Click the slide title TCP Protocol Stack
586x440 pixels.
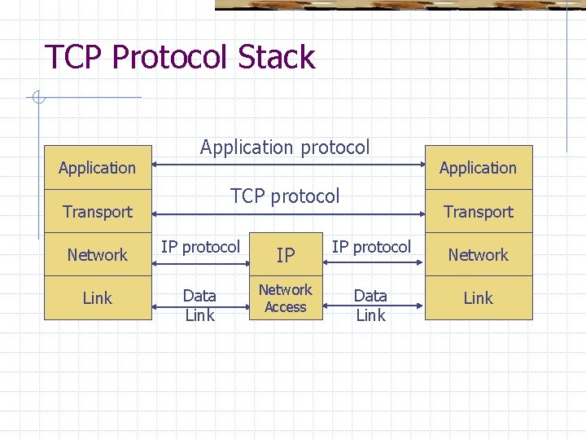[x=180, y=57]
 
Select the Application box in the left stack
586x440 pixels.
[x=98, y=168]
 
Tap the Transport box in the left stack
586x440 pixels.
[x=98, y=212]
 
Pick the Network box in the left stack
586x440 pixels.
[x=98, y=255]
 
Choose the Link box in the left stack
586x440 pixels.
[x=98, y=298]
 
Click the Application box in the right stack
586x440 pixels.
[x=479, y=168]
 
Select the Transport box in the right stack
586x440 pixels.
[x=479, y=212]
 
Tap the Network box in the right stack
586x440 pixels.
[x=479, y=255]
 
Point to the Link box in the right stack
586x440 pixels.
[x=479, y=298]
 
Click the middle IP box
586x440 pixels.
[x=286, y=255]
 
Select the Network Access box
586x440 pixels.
[x=286, y=298]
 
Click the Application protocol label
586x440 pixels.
[x=285, y=147]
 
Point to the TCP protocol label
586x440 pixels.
[x=285, y=196]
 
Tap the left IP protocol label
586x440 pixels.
[x=200, y=247]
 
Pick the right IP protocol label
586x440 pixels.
[x=371, y=247]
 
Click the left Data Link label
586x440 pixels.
[x=199, y=305]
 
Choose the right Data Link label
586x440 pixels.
[x=370, y=305]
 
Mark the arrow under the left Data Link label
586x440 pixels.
[x=200, y=309]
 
